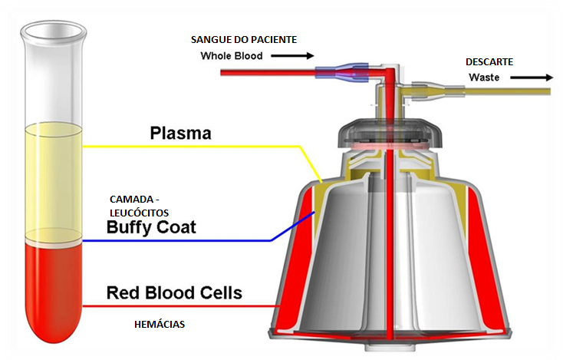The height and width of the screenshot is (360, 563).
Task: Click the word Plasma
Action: coord(180,134)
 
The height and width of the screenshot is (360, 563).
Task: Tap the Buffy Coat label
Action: coord(151,227)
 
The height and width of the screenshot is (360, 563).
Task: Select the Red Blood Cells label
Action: coord(174,292)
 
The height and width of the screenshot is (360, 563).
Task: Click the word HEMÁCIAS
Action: coord(159,325)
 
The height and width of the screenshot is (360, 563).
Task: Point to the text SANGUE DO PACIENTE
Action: coord(244,39)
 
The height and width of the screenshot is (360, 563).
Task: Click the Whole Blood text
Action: coord(232,56)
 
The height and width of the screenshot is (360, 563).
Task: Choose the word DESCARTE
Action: coord(489,61)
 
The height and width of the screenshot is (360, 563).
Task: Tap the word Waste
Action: coord(484,78)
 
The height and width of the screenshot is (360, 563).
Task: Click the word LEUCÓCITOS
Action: coord(138,212)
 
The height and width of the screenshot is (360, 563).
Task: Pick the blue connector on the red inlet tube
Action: coord(336,74)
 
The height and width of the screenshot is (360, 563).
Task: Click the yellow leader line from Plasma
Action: coord(230,146)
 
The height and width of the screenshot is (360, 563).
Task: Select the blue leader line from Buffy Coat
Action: coord(192,241)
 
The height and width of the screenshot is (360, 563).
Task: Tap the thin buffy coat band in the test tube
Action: coord(53,240)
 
